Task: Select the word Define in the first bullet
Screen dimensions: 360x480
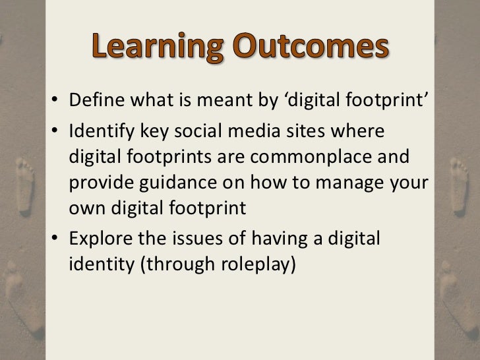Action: coord(92,104)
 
